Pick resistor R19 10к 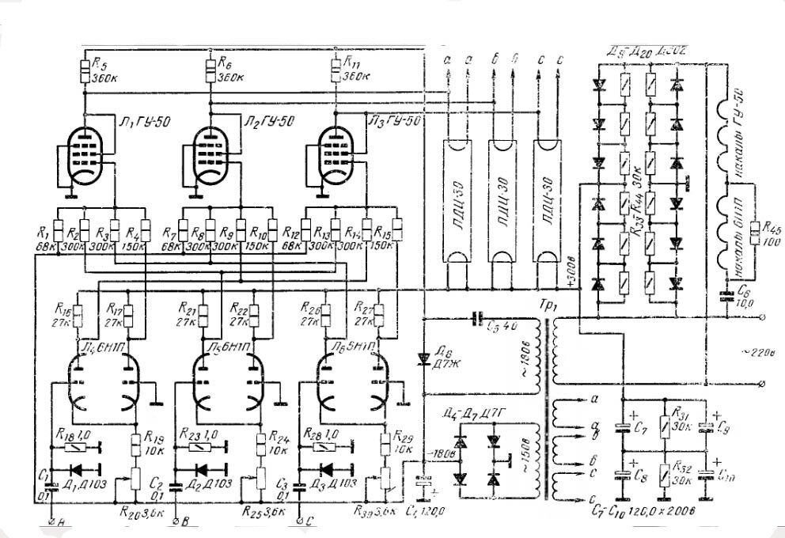[135, 441]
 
